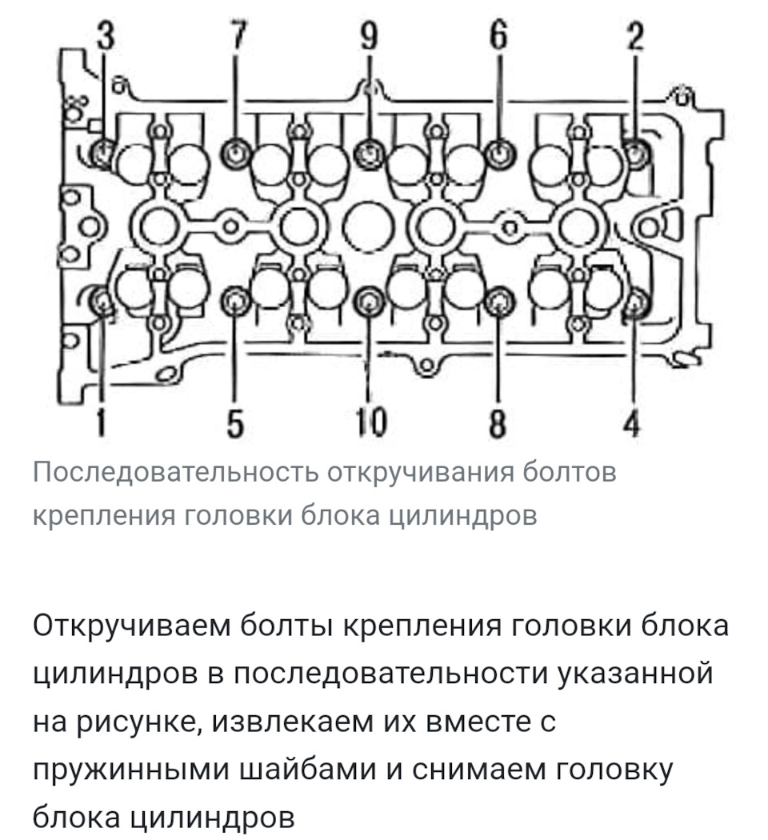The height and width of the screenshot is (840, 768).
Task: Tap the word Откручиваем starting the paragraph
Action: click(x=133, y=626)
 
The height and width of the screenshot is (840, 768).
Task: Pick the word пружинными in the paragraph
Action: click(x=131, y=770)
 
